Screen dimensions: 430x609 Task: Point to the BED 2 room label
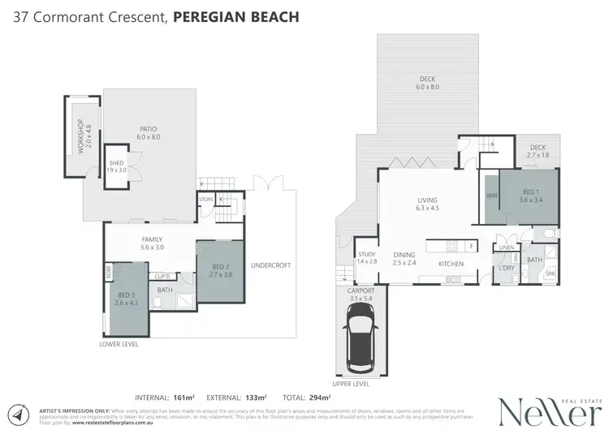click(222, 270)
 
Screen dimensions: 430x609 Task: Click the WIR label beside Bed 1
click(490, 196)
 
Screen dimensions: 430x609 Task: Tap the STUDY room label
click(367, 257)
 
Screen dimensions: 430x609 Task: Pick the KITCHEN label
click(451, 264)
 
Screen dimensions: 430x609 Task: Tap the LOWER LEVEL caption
click(119, 344)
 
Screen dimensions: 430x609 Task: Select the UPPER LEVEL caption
click(350, 383)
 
